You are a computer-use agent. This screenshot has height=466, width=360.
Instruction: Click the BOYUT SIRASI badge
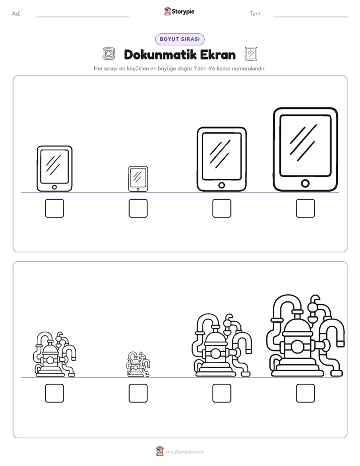(179, 39)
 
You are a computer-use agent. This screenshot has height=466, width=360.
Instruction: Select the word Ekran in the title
(218, 54)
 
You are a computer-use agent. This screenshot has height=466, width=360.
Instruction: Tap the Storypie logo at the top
(179, 11)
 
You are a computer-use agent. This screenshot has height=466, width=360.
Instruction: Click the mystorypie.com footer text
(185, 452)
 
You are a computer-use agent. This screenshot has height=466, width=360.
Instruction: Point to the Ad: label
(16, 14)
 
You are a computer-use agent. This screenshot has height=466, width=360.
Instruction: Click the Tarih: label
(256, 14)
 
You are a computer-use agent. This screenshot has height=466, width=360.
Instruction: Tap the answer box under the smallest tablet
(138, 208)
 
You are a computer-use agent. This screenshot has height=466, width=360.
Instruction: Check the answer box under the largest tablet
(306, 208)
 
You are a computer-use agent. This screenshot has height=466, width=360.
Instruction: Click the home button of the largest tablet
(305, 184)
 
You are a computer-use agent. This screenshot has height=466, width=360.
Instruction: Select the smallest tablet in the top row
(138, 179)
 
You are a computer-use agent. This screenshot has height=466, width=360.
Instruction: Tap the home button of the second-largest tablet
(221, 185)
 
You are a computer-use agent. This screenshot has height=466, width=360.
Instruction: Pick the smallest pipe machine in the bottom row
(138, 364)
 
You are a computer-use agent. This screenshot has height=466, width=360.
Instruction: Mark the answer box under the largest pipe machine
(306, 393)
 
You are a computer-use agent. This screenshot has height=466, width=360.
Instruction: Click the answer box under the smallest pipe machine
(138, 393)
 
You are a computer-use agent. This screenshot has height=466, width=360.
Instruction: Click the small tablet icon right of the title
(251, 54)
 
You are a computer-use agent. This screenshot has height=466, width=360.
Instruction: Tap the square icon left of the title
(109, 54)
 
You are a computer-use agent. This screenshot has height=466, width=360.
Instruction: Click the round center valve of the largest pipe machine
(297, 346)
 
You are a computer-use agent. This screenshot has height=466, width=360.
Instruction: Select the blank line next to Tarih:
(311, 17)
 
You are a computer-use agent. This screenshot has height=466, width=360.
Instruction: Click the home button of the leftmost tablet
(54, 187)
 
